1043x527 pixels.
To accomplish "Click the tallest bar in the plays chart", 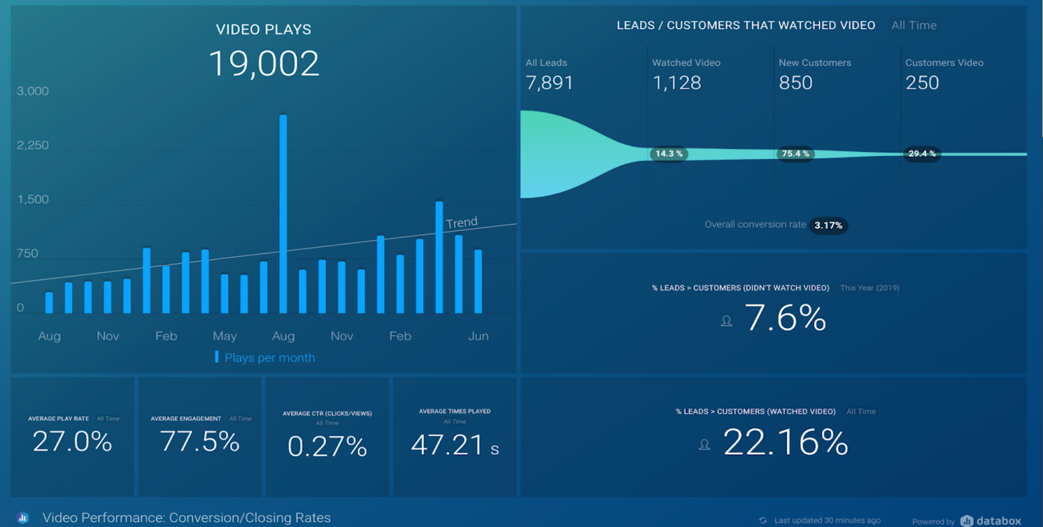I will pyautogui.click(x=283, y=215).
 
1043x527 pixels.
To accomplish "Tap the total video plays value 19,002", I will pyautogui.click(x=264, y=64).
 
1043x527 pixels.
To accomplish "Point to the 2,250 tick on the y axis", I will pyautogui.click(x=33, y=145).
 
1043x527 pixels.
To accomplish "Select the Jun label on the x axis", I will pyautogui.click(x=478, y=336).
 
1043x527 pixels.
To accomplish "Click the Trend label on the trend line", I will pyautogui.click(x=462, y=223).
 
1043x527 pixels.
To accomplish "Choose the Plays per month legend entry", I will pyautogui.click(x=269, y=357).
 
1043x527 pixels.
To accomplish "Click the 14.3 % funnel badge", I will pyautogui.click(x=669, y=154).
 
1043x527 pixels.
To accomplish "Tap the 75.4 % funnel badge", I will pyautogui.click(x=795, y=154).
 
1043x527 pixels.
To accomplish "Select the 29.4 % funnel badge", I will pyautogui.click(x=922, y=154).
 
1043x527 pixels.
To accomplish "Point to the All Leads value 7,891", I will pyautogui.click(x=550, y=83).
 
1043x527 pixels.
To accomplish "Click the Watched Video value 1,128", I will pyautogui.click(x=677, y=83).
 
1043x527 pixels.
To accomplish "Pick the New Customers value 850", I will pyautogui.click(x=795, y=83).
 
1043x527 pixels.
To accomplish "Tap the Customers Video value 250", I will pyautogui.click(x=922, y=83).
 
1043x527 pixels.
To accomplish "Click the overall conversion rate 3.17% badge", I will pyautogui.click(x=828, y=226).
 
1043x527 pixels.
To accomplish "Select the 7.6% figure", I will pyautogui.click(x=786, y=318).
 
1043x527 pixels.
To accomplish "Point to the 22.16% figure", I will pyautogui.click(x=786, y=442).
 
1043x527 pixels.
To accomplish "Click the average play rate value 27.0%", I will pyautogui.click(x=72, y=442).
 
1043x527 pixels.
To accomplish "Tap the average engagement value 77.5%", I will pyautogui.click(x=200, y=442).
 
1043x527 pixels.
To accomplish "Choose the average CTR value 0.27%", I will pyautogui.click(x=327, y=447).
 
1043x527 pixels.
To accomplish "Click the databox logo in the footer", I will pyautogui.click(x=991, y=520).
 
